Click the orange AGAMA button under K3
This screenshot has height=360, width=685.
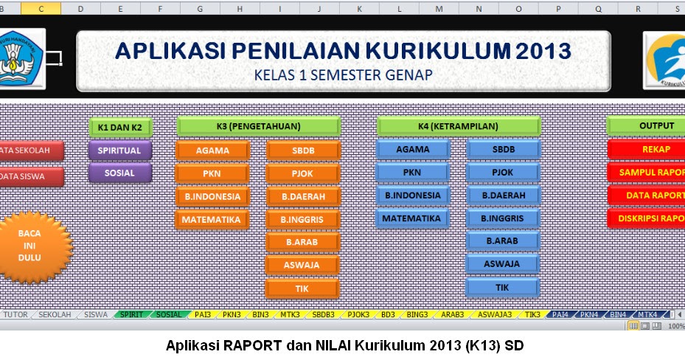pyautogui.click(x=212, y=150)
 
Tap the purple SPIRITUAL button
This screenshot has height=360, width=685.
pyautogui.click(x=119, y=150)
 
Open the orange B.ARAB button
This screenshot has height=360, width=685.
pyautogui.click(x=302, y=242)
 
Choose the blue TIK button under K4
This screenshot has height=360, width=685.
pyautogui.click(x=502, y=287)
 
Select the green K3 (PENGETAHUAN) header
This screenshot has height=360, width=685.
pyautogui.click(x=258, y=126)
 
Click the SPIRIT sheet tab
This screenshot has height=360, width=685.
pyautogui.click(x=131, y=314)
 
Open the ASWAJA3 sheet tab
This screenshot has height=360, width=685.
pyautogui.click(x=494, y=314)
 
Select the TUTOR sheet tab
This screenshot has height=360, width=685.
pyautogui.click(x=17, y=314)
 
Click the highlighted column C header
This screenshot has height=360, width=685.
pyautogui.click(x=39, y=8)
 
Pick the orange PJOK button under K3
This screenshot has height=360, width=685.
pyautogui.click(x=302, y=173)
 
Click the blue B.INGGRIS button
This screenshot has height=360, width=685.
pyautogui.click(x=502, y=218)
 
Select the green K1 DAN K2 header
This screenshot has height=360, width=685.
pyautogui.click(x=119, y=127)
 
